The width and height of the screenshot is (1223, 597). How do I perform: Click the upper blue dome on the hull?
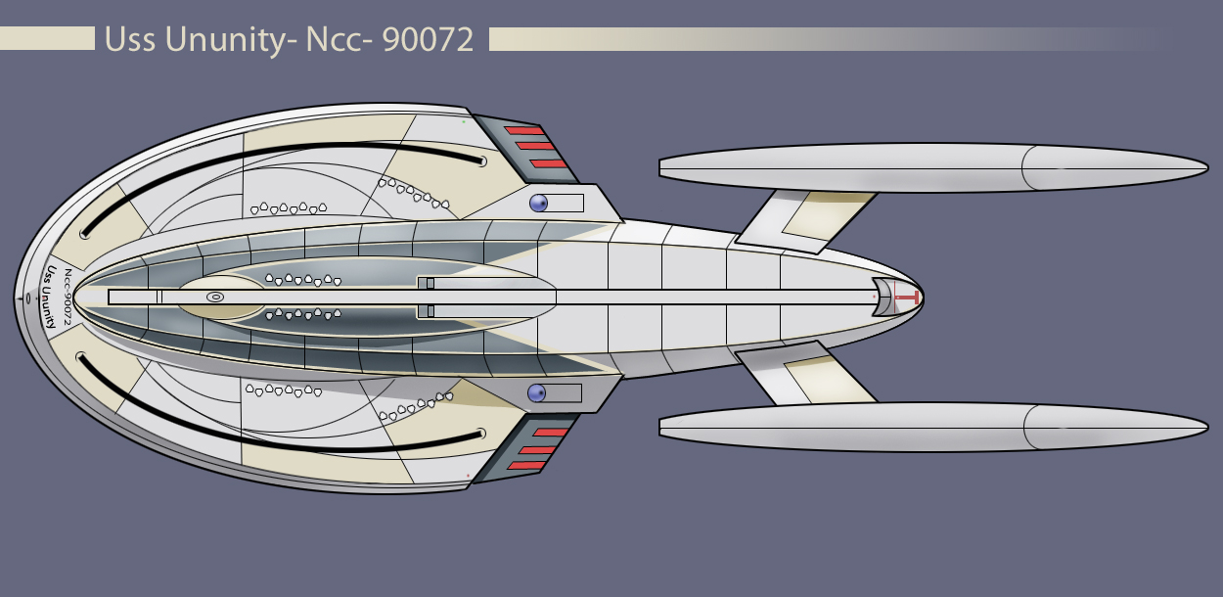click(x=537, y=204)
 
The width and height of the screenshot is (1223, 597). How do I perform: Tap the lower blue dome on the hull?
click(x=536, y=393)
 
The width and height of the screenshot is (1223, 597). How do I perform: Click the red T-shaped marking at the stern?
click(x=909, y=296)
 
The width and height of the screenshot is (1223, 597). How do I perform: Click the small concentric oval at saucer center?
click(x=216, y=296)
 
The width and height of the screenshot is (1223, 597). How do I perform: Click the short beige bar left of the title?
click(x=47, y=39)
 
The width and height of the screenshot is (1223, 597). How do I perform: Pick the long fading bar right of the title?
click(x=783, y=39)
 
